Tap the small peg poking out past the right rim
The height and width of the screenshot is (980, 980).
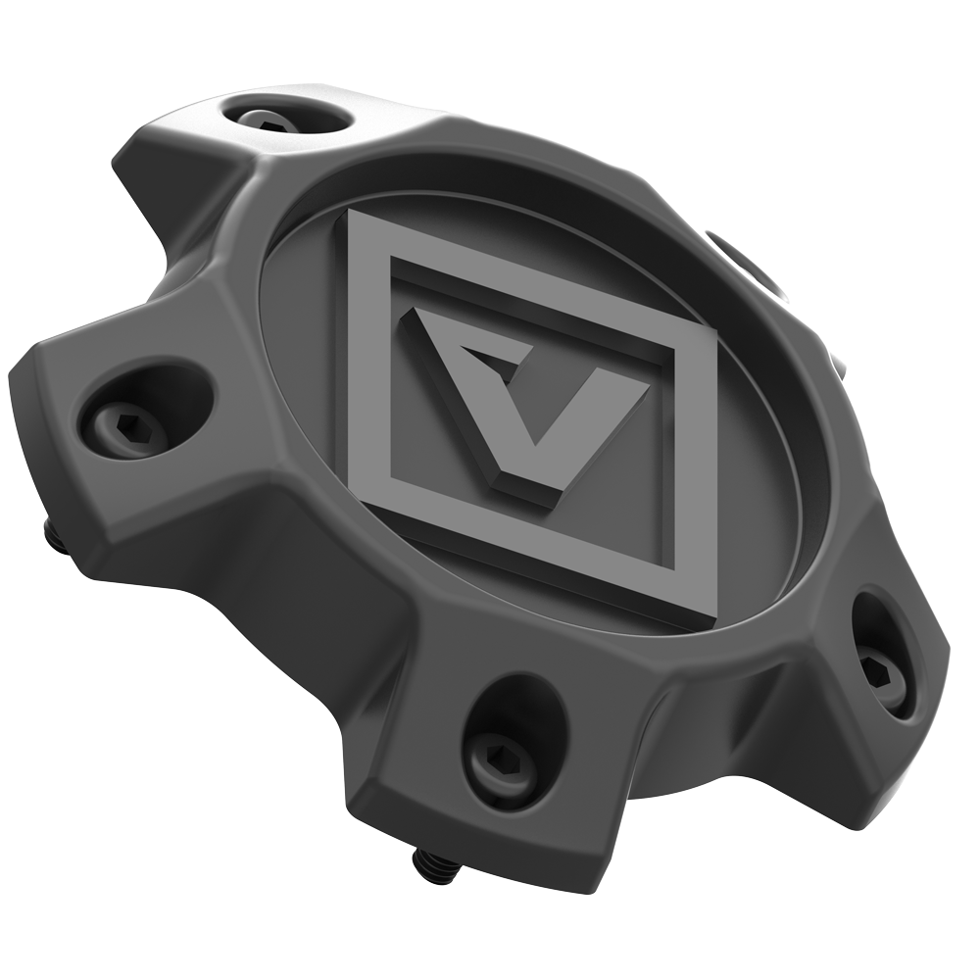point(840,367)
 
